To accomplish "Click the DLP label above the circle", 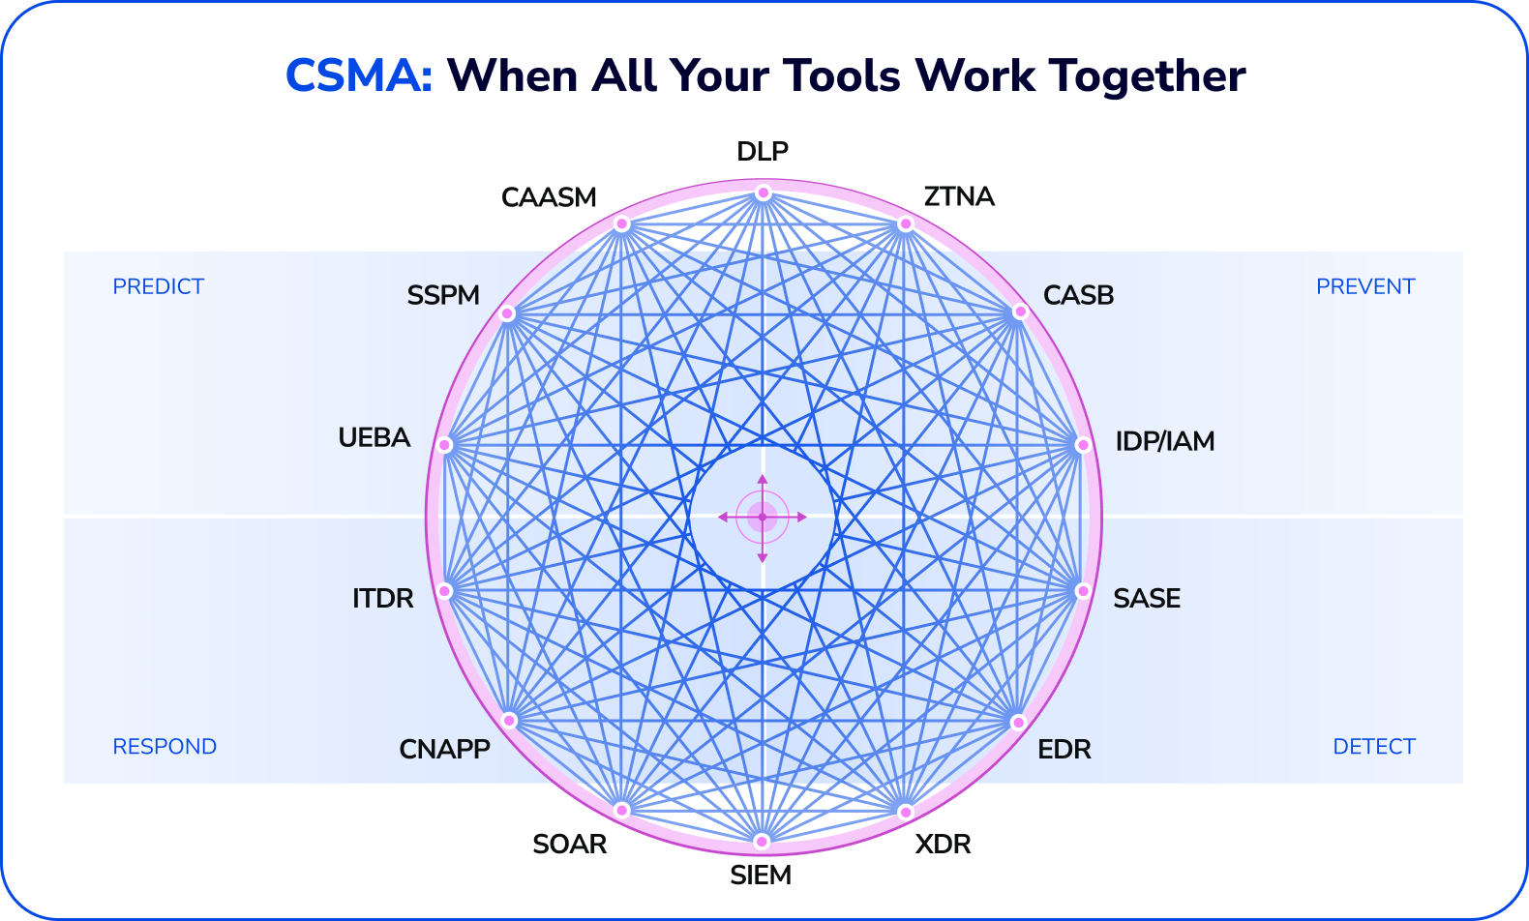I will coord(763,152).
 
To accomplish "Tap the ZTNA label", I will coord(959,197).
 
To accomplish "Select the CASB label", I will coord(1078,296).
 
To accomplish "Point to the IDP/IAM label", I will coord(1164,442).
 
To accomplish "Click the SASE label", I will coord(1147,599).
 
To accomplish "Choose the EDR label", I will coord(1064,750).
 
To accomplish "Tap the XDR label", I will coord(943,845).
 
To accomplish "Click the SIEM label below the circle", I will coord(761,876).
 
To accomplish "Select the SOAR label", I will coord(569,845).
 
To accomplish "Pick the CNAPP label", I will coord(444,750).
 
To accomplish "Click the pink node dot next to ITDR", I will coord(445,591).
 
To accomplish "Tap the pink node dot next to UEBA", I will coord(444,445).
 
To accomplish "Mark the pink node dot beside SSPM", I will coord(507,313).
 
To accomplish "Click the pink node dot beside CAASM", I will coord(622,224).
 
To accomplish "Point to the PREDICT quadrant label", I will coord(159,287).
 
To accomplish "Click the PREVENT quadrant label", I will coord(1364,287).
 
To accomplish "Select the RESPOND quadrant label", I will coord(165,747).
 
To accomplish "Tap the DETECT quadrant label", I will coord(1373,747).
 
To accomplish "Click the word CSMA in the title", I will coord(358,76).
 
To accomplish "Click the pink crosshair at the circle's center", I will coord(763,518).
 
